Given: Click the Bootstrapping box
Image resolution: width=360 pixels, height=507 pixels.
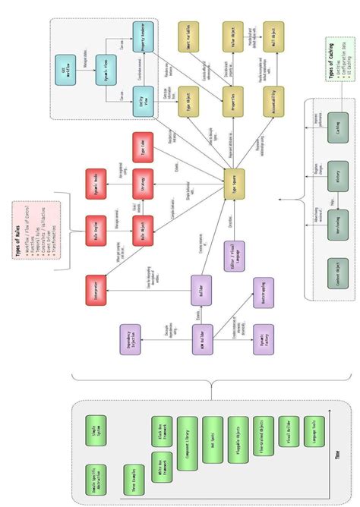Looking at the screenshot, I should click(263, 291).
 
